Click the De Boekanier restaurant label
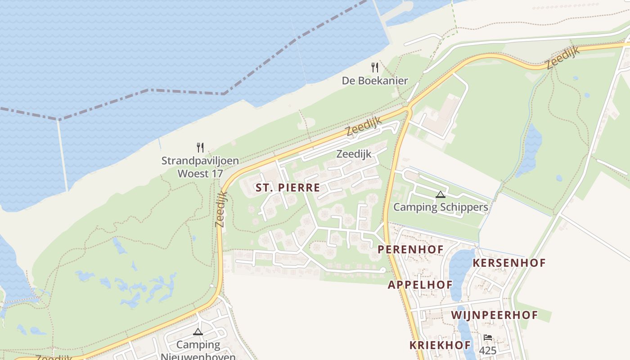coord(375,81)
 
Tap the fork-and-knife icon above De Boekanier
coord(375,67)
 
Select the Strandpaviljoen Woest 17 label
coord(200,167)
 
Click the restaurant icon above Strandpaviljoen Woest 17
coord(200,147)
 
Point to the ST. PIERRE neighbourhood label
coord(288,188)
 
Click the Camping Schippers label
coord(441,207)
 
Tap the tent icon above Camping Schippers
coord(441,194)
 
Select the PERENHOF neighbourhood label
coord(410,249)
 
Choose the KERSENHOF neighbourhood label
coord(509,263)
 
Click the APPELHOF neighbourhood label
coord(420,285)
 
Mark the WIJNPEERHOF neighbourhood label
coord(495,315)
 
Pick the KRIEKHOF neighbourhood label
coord(440,346)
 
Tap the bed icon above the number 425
coord(488,337)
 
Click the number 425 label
coord(488,351)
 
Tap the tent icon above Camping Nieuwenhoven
coord(198,332)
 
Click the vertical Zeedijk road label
coord(221,209)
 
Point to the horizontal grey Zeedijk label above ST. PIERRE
coord(354,154)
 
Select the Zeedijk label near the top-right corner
coord(563,58)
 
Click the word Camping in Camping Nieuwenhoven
coord(198,345)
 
